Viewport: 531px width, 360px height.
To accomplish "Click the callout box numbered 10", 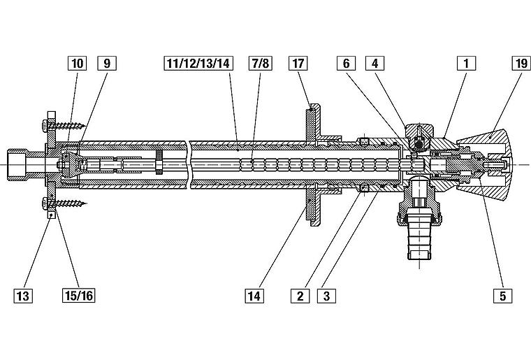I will pyautogui.click(x=77, y=64).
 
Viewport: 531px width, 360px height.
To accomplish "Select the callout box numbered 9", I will pyautogui.click(x=107, y=64).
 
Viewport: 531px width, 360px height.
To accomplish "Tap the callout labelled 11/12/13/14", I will pyautogui.click(x=198, y=64).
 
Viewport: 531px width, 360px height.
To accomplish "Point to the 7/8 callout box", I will pyautogui.click(x=259, y=64).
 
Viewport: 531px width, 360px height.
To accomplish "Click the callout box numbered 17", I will pyautogui.click(x=299, y=64).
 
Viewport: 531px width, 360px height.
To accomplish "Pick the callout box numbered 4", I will pyautogui.click(x=374, y=64).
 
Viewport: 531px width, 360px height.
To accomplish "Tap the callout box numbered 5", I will pyautogui.click(x=501, y=295).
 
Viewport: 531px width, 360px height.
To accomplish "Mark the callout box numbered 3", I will pyautogui.click(x=326, y=295).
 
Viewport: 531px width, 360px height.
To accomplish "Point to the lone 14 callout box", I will pyautogui.click(x=254, y=295).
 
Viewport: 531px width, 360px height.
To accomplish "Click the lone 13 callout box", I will pyautogui.click(x=23, y=295).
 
